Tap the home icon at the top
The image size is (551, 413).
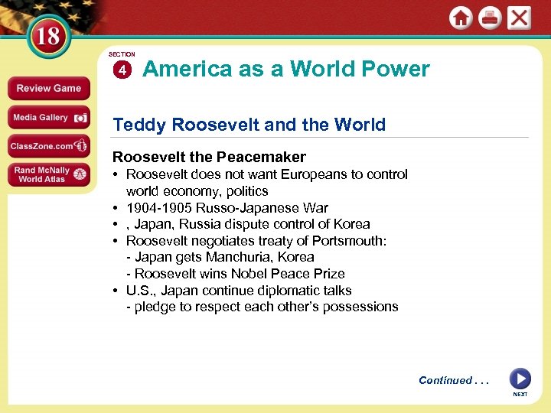pyautogui.click(x=461, y=18)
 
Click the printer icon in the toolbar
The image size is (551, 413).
pyautogui.click(x=490, y=18)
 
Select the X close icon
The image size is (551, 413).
pyautogui.click(x=519, y=18)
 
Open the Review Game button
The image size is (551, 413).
pyautogui.click(x=49, y=88)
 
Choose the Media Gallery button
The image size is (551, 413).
pyautogui.click(x=49, y=118)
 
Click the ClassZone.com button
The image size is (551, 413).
pyautogui.click(x=49, y=146)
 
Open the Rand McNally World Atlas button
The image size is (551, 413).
pyautogui.click(x=49, y=175)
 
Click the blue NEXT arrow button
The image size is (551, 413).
pyautogui.click(x=520, y=379)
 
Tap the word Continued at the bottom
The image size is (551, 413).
pyautogui.click(x=445, y=380)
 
